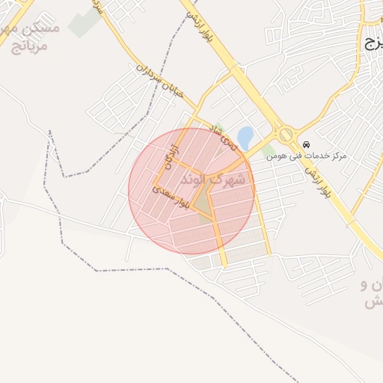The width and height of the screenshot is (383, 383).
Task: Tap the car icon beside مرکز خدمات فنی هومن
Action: click(x=305, y=144)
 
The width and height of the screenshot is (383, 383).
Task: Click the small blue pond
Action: click(x=245, y=137)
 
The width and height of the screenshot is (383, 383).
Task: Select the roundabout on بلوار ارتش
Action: click(x=285, y=134)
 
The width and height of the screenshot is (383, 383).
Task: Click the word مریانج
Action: click(x=30, y=46)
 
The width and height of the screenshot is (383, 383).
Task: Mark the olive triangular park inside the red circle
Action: click(x=202, y=200)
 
